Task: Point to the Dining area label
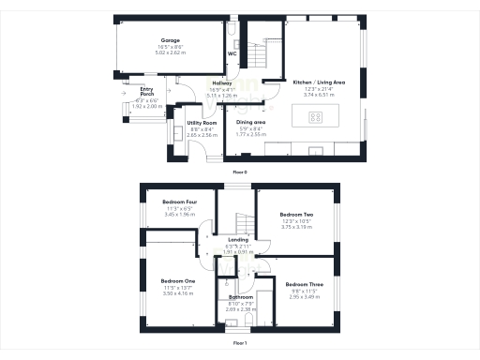click(250, 123)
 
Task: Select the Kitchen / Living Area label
click(320, 82)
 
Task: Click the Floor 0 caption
click(239, 172)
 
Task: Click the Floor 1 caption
click(239, 343)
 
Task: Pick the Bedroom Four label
click(178, 202)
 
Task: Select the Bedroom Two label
click(295, 214)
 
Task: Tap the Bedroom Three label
click(302, 284)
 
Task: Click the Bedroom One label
click(177, 281)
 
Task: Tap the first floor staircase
click(241, 222)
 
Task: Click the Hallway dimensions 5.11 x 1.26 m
click(222, 95)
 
